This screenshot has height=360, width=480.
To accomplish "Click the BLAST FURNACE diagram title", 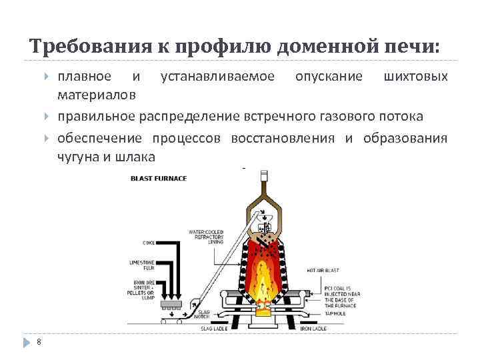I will point(159,178).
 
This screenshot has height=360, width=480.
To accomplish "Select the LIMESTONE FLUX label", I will point(142,265).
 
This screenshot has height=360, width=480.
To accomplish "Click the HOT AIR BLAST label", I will point(323,270).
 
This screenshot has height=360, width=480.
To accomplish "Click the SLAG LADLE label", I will point(214,329).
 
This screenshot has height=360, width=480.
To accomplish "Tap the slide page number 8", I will point(39,342).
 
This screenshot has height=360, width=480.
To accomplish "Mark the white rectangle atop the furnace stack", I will point(266,177).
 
